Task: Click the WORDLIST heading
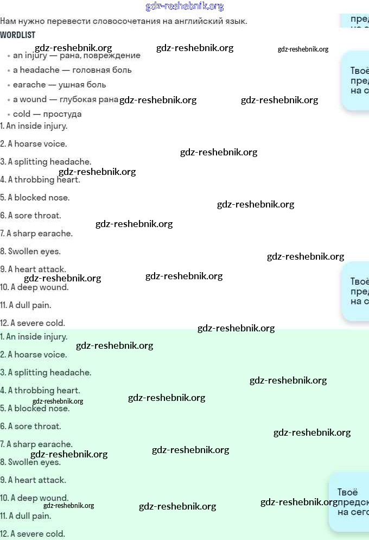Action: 18,35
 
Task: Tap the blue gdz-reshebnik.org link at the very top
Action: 184,6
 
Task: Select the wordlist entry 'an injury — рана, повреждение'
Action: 77,55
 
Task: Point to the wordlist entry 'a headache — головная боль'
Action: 72,70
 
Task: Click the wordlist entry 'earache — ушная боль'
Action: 60,85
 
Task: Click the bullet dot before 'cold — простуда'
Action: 9,115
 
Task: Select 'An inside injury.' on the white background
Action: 34,126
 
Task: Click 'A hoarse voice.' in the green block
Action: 34,355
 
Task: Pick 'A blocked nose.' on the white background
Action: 35,198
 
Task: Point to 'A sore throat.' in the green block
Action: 30,426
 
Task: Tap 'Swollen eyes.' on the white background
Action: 30,252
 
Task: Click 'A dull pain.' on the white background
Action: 26,305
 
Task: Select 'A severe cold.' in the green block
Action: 33,534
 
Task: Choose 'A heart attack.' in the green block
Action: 33,480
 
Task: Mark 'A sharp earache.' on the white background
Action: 36,234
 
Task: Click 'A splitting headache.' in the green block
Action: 46,373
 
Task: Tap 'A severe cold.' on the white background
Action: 33,323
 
